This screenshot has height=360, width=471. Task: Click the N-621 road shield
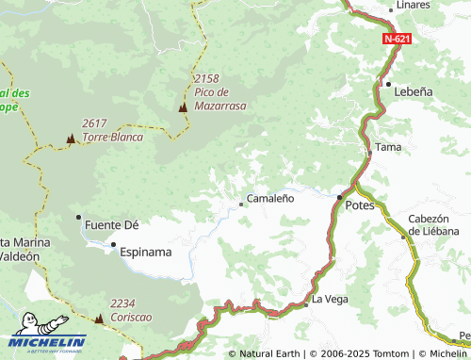397,40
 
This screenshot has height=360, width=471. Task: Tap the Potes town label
360,205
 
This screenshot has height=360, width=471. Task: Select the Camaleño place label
270,199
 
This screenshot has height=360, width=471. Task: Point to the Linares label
414,6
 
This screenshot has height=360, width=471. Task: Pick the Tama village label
388,147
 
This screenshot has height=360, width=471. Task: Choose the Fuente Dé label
112,225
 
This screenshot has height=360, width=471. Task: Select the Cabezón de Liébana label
433,224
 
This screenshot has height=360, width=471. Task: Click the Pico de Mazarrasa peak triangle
183,107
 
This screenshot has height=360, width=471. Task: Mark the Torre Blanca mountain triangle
70,139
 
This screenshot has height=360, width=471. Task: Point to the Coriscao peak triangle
98,319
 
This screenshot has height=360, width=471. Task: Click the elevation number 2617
95,123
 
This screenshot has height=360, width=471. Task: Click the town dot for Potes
339,197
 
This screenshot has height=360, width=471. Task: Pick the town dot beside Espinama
114,247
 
